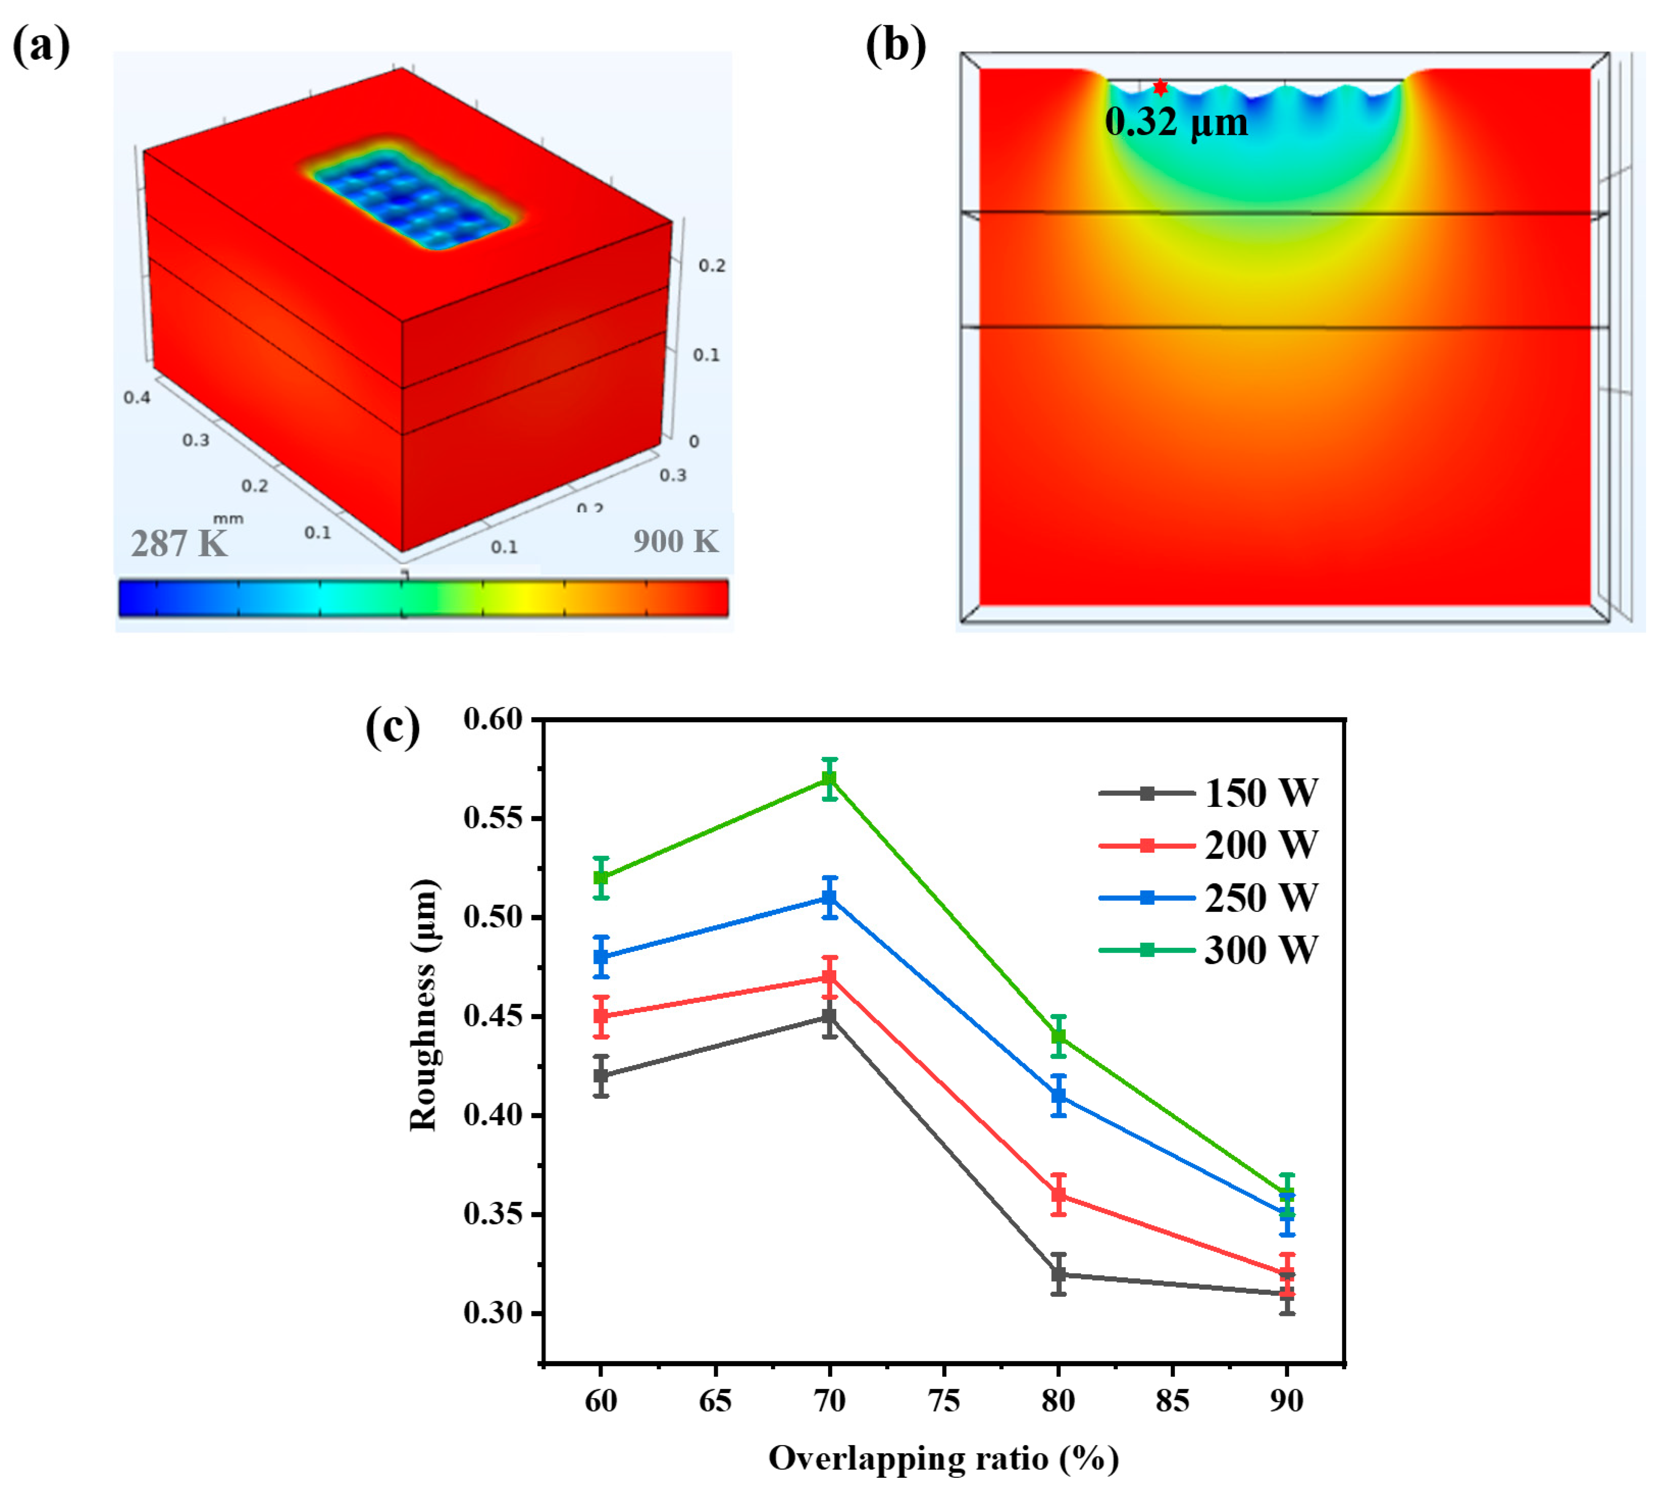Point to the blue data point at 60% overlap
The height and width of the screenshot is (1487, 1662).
click(601, 957)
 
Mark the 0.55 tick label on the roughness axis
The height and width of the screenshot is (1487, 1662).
click(492, 818)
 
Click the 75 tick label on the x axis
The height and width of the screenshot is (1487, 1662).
click(944, 1400)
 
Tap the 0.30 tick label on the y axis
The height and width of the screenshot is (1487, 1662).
click(492, 1313)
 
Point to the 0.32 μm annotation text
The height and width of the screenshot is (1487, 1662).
click(1176, 122)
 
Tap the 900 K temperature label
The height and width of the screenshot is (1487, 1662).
click(675, 541)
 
